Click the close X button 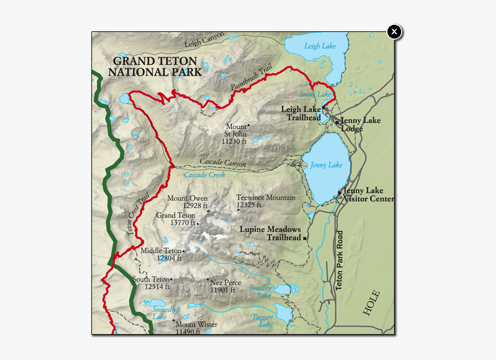tap(394, 32)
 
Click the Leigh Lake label tap(320, 46)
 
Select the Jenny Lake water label tap(326, 165)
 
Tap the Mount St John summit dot tap(249, 125)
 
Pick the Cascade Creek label tap(204, 175)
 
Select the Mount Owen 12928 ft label tap(187, 202)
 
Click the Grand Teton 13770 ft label tap(176, 219)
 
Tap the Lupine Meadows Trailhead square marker tap(305, 238)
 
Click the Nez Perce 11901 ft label tap(225, 286)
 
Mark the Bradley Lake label tap(261, 292)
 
